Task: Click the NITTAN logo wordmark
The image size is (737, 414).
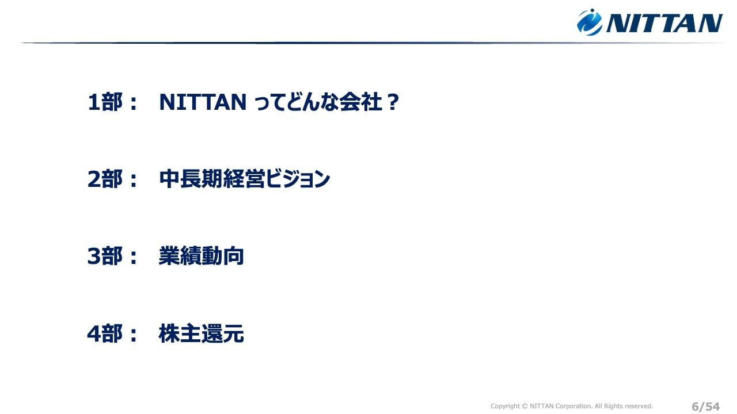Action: [664, 23]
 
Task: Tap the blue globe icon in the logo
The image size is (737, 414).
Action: [590, 22]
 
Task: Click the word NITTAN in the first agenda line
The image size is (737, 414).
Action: [203, 102]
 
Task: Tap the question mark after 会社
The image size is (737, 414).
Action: [393, 102]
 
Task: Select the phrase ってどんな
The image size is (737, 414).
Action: [296, 102]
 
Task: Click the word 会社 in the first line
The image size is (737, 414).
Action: [360, 102]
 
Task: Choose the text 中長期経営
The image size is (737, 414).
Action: [212, 179]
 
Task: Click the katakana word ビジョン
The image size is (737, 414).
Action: [298, 179]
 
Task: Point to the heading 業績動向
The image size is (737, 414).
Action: [202, 256]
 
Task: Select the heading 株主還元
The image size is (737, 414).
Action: [202, 334]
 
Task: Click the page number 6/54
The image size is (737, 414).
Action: [706, 407]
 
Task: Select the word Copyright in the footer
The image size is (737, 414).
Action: [506, 407]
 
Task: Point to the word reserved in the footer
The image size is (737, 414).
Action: [639, 406]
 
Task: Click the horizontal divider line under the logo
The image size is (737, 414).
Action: [374, 43]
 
